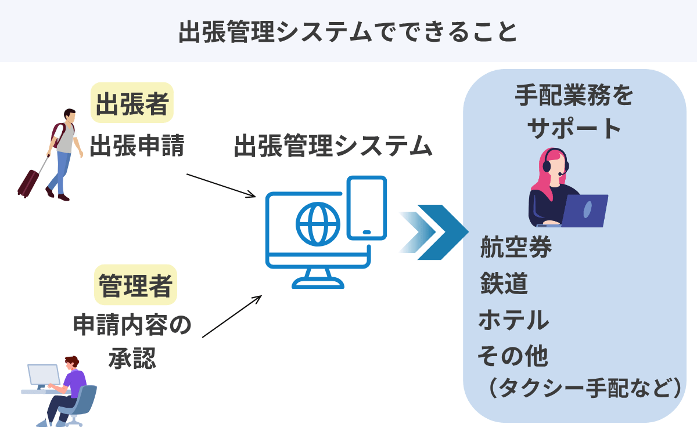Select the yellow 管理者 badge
click(135, 285)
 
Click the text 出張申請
click(137, 147)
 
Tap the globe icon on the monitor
click(317, 223)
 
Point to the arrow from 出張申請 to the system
click(221, 185)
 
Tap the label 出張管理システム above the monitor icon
click(333, 147)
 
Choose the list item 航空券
click(516, 248)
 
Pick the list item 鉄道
click(504, 284)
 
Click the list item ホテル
click(513, 320)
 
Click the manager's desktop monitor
click(44, 376)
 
